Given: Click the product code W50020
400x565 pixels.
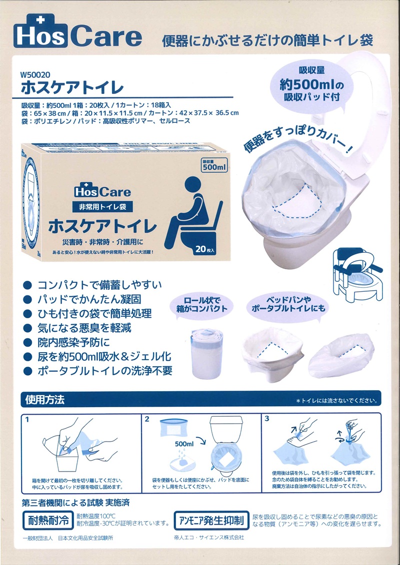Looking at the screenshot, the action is (35, 75).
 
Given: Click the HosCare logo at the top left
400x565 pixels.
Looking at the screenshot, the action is (77, 32).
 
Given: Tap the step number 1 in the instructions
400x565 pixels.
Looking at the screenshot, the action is (27, 419).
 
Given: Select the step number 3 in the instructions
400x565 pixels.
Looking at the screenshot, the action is (267, 419).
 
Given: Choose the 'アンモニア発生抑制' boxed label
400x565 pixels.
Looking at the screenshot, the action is (212, 521).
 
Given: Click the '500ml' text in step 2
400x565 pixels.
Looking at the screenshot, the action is (184, 444).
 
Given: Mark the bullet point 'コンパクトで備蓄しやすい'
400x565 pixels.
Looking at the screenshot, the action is (92, 285).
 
